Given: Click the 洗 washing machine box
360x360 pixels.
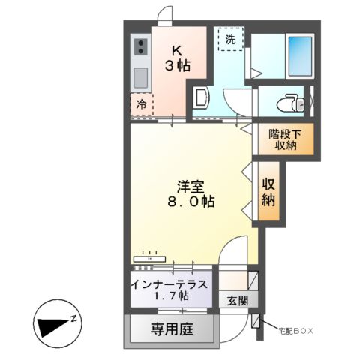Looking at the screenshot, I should (230, 40).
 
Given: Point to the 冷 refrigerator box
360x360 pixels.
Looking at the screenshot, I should (141, 106).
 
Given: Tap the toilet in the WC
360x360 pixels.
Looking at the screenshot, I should (289, 101).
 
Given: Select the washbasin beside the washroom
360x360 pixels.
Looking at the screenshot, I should (200, 97).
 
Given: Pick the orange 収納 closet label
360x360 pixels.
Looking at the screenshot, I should (268, 191).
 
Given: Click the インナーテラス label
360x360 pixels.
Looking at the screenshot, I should (169, 284).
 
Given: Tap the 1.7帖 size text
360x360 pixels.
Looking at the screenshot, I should (169, 297).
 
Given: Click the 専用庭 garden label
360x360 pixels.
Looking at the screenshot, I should (172, 329).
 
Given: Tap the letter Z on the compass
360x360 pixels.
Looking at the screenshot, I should (74, 318).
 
